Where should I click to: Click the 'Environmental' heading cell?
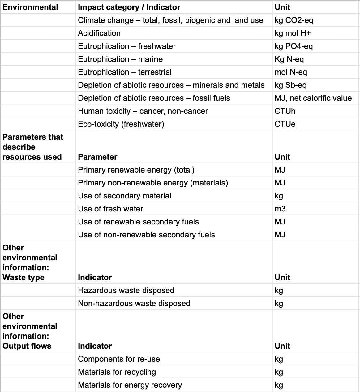[x=30, y=7]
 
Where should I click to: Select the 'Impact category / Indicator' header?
[x=129, y=7]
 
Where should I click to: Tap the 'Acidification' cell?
[x=99, y=33]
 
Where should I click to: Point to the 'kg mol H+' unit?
[x=293, y=33]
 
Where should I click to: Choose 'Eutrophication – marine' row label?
[x=120, y=59]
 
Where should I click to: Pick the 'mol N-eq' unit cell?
[x=291, y=72]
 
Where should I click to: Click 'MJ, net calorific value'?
[x=313, y=98]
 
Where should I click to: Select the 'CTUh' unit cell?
[x=285, y=111]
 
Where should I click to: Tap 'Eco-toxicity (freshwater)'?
[x=121, y=124]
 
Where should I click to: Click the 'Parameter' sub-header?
[x=97, y=157]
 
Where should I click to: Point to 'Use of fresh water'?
[x=110, y=209]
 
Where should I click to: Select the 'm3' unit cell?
[x=280, y=209]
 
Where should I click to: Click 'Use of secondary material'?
[x=124, y=196]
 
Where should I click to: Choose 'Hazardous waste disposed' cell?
[x=126, y=290]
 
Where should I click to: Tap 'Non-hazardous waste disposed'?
[x=134, y=303]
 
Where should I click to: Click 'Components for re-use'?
[x=119, y=359]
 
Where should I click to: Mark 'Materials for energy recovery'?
[x=130, y=385]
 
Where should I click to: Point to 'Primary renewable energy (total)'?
[x=136, y=170]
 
